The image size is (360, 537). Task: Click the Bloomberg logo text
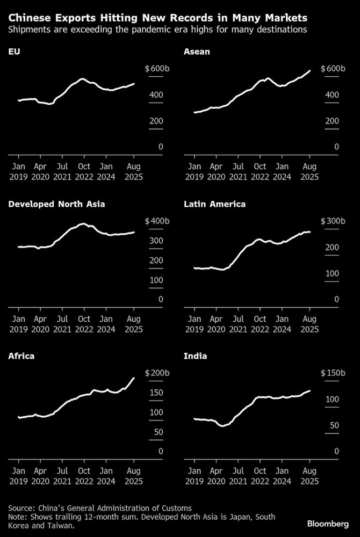328,523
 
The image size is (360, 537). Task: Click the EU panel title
13,52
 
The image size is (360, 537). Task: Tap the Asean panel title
196,52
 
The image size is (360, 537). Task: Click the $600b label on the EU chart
157,69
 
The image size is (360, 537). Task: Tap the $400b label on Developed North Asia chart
157,221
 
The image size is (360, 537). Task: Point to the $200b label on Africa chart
157,373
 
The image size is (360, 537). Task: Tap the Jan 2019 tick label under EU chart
18,171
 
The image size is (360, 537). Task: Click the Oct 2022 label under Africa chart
84,476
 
